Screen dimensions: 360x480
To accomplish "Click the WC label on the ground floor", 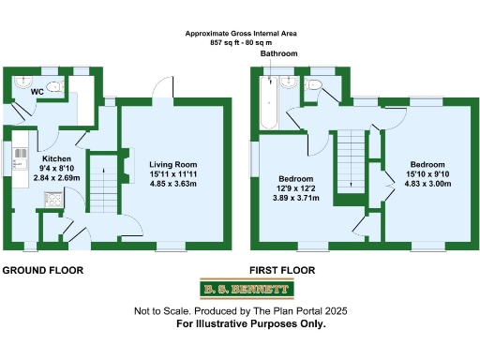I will tap(37, 93).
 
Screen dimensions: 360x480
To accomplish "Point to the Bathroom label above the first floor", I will tap(278, 54).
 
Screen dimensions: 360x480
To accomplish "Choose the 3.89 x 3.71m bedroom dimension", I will tap(295, 198).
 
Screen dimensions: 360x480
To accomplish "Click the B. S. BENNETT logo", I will tap(239, 290).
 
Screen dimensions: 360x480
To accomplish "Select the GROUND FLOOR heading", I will tap(43, 270).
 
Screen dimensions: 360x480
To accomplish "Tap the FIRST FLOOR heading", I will tap(282, 270).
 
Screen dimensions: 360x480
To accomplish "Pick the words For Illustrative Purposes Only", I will tap(251, 323).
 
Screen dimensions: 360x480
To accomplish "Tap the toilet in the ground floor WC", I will tap(53, 88).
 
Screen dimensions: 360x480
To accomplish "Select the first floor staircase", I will tap(350, 159).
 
